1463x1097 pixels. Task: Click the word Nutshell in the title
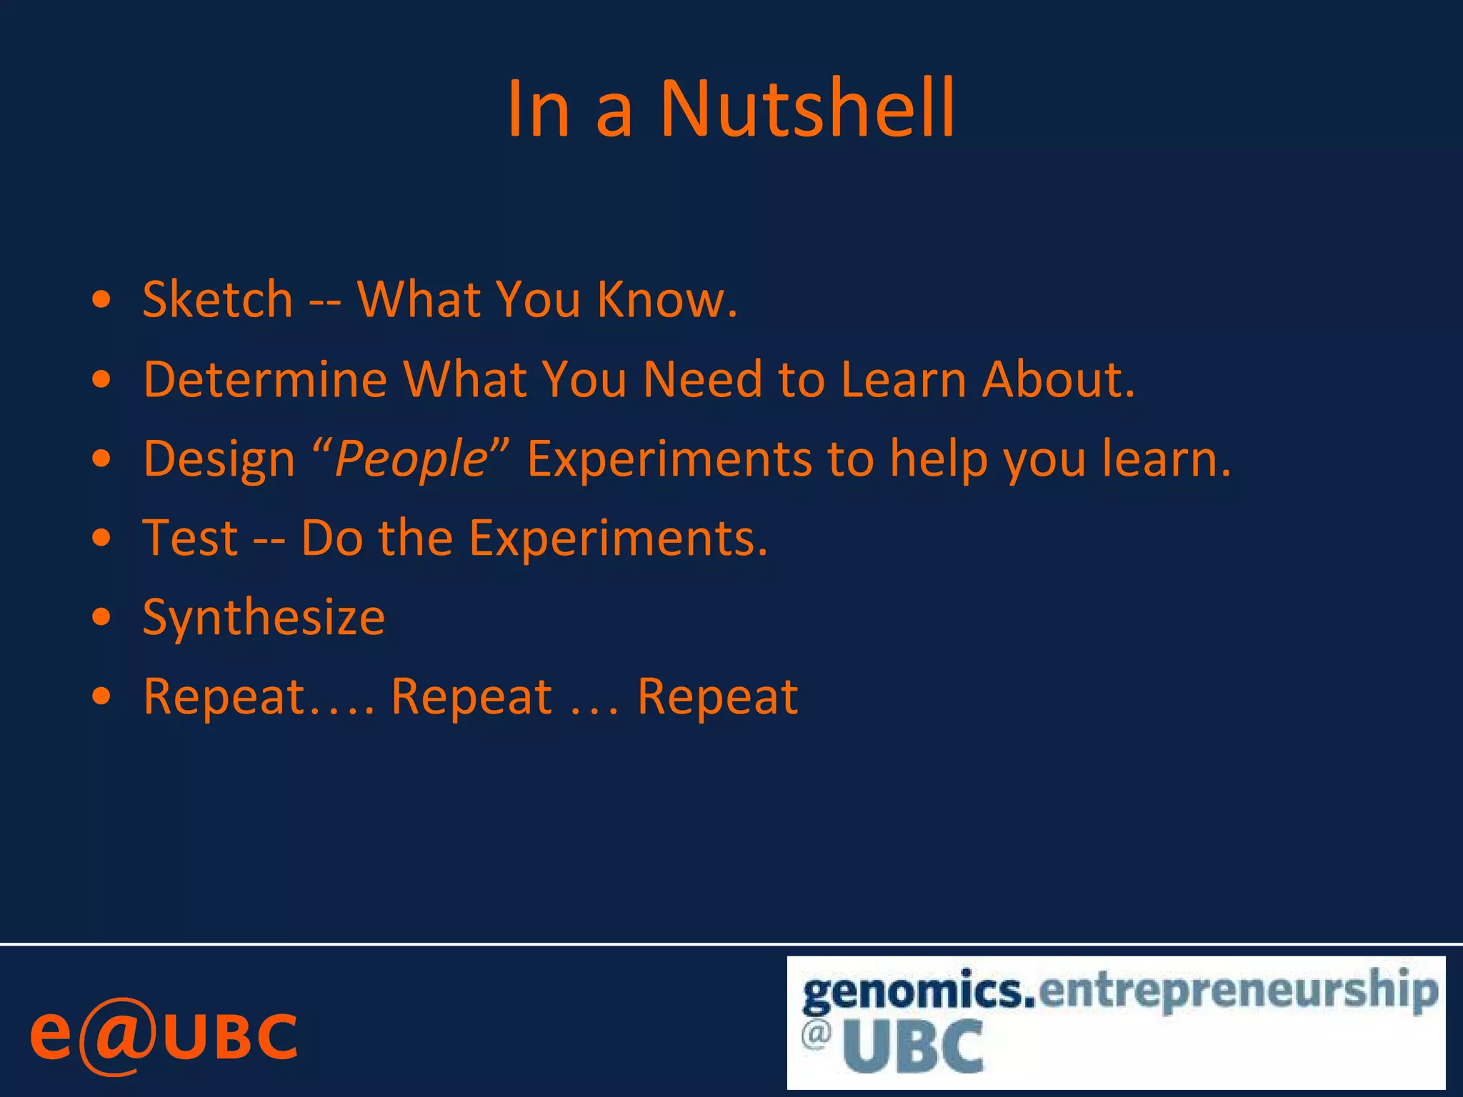(807, 109)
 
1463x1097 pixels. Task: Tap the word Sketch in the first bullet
(218, 299)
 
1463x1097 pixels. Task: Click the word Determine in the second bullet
(265, 379)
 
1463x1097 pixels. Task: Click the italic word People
(411, 459)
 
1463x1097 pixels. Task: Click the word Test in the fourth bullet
(190, 538)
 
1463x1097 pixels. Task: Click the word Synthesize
(264, 618)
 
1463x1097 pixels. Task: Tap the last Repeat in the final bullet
(717, 697)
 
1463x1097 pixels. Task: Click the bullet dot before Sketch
(102, 299)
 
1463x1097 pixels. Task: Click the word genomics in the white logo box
(919, 992)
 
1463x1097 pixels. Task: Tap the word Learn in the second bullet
(902, 379)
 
